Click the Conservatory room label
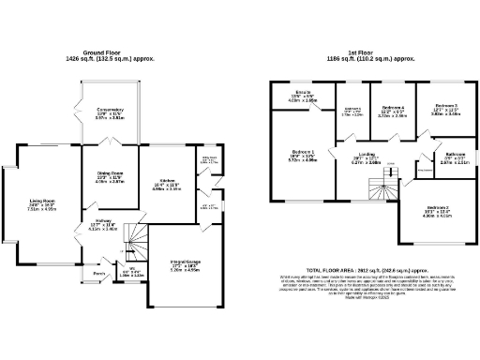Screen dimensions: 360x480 click(110, 112)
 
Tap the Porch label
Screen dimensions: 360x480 click(97, 274)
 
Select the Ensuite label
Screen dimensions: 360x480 click(303, 94)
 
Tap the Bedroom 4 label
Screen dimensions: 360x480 click(393, 107)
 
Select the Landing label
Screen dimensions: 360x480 click(366, 155)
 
